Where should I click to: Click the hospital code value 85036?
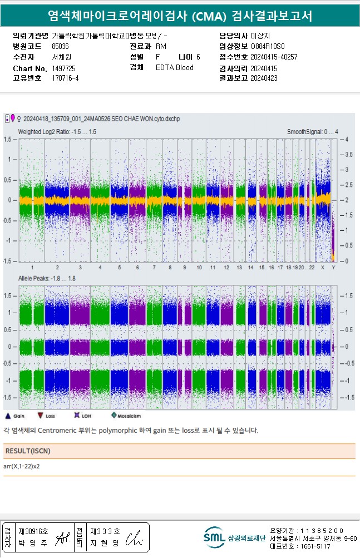[60, 46]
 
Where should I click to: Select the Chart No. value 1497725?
[63, 68]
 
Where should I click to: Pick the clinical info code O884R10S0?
[267, 46]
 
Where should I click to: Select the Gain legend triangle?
[8, 415]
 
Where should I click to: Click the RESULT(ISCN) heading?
[27, 451]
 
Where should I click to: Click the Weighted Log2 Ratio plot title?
[57, 132]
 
